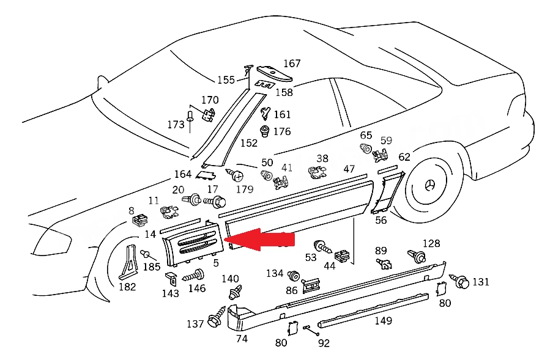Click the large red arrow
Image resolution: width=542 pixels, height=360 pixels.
coord(259,240)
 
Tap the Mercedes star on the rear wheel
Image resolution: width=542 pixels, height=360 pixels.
coord(430,186)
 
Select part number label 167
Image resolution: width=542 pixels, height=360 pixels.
coord(292,64)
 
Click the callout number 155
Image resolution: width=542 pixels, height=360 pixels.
coord(226,80)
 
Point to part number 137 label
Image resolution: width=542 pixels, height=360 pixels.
coord(195,324)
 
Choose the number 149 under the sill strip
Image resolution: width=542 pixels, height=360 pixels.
coord(384,321)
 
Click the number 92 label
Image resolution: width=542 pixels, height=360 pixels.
coord(324,343)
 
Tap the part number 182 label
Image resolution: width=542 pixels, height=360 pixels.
coord(127,287)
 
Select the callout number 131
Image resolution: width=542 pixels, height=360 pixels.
coord(481,282)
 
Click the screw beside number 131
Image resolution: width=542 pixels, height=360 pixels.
coord(459,281)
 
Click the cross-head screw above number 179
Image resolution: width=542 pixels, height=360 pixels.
coord(235,175)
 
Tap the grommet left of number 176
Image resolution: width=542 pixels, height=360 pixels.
coord(264,131)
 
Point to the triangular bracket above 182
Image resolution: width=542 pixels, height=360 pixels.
coord(127,262)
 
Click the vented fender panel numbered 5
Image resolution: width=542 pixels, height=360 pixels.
coord(192,244)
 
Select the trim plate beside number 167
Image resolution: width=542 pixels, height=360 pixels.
coord(274,73)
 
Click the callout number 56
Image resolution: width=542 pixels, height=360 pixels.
coord(381,221)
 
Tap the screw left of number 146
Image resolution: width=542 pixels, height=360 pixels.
coord(193,276)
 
